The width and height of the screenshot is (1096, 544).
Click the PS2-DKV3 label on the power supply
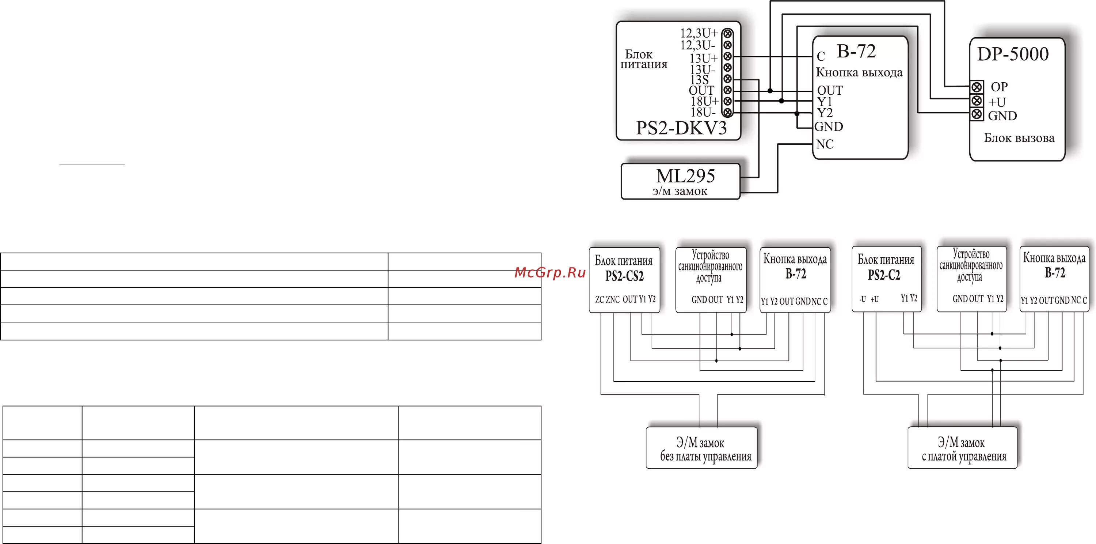click(x=681, y=128)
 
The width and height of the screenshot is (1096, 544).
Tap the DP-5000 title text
click(x=1013, y=54)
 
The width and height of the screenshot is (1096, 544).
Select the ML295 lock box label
click(x=685, y=176)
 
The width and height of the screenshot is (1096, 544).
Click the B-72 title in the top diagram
click(x=856, y=52)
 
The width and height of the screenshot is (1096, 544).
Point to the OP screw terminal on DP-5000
click(x=977, y=87)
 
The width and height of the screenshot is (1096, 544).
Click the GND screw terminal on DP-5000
click(x=977, y=114)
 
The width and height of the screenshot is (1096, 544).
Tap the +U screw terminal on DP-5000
click(x=977, y=101)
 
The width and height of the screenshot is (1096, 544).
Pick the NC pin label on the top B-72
click(x=825, y=144)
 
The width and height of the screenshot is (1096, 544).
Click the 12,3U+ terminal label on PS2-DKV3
click(x=699, y=33)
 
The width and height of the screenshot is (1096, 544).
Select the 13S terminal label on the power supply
click(x=700, y=80)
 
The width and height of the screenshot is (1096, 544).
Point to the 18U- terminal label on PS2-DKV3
click(x=703, y=112)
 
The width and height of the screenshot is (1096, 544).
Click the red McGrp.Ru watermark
click(x=550, y=273)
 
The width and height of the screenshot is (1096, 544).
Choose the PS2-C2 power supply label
click(x=884, y=275)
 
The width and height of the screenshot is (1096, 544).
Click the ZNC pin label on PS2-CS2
click(x=612, y=300)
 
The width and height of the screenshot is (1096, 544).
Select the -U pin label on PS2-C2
click(x=863, y=299)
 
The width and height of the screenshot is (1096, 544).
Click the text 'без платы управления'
click(x=705, y=457)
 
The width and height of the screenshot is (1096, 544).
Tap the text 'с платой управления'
click(x=964, y=457)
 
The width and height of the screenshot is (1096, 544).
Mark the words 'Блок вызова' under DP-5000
click(x=1019, y=138)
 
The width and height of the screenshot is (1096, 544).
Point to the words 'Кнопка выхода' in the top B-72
click(x=859, y=73)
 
